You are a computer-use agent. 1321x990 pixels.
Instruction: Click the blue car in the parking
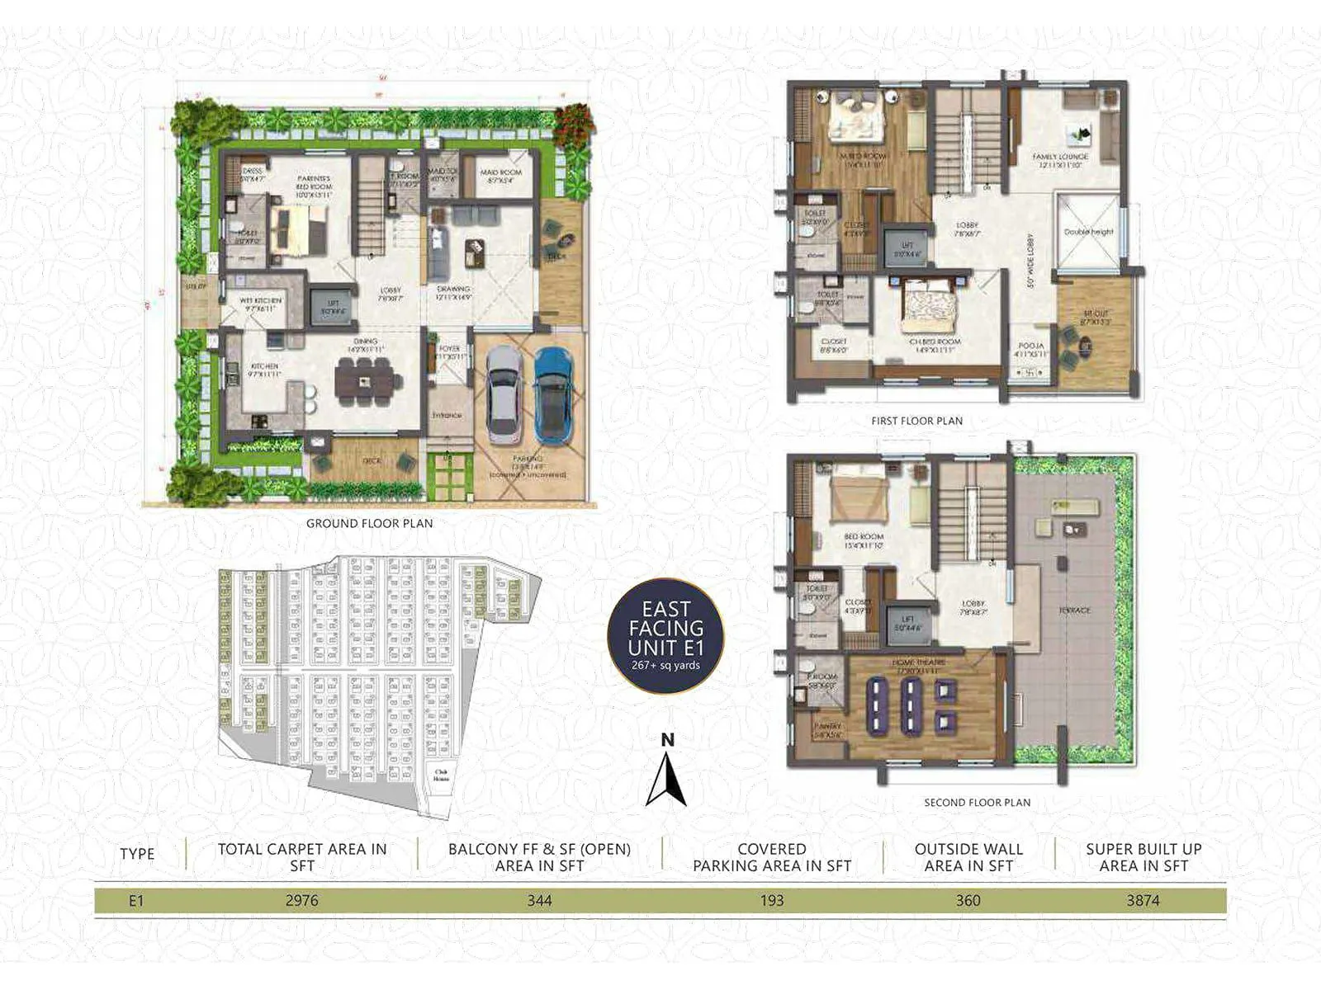pos(553,396)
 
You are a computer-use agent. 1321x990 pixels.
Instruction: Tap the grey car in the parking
pos(504,396)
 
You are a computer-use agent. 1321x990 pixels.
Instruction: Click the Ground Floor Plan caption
pos(369,523)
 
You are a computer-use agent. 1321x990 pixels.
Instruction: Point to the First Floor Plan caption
pos(916,421)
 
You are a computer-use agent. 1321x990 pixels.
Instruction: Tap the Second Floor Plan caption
pos(977,802)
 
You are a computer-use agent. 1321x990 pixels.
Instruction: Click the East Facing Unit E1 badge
pos(665,636)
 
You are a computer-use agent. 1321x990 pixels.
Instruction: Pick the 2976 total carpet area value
pos(301,901)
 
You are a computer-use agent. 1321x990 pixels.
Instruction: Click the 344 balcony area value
pos(539,901)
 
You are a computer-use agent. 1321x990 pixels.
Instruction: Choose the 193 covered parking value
pos(772,901)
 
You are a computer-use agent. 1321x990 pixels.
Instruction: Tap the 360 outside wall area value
pos(968,901)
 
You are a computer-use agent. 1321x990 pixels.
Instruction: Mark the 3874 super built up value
pos(1143,901)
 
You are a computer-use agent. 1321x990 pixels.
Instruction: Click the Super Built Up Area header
pos(1143,857)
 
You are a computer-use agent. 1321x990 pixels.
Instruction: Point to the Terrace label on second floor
pos(1074,610)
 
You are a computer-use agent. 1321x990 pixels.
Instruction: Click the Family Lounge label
pos(1060,157)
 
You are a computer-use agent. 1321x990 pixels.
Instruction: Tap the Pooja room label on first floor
pos(1031,346)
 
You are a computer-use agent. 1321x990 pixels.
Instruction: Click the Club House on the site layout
pos(441,775)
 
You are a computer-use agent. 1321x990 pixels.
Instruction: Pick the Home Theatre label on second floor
pos(918,663)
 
